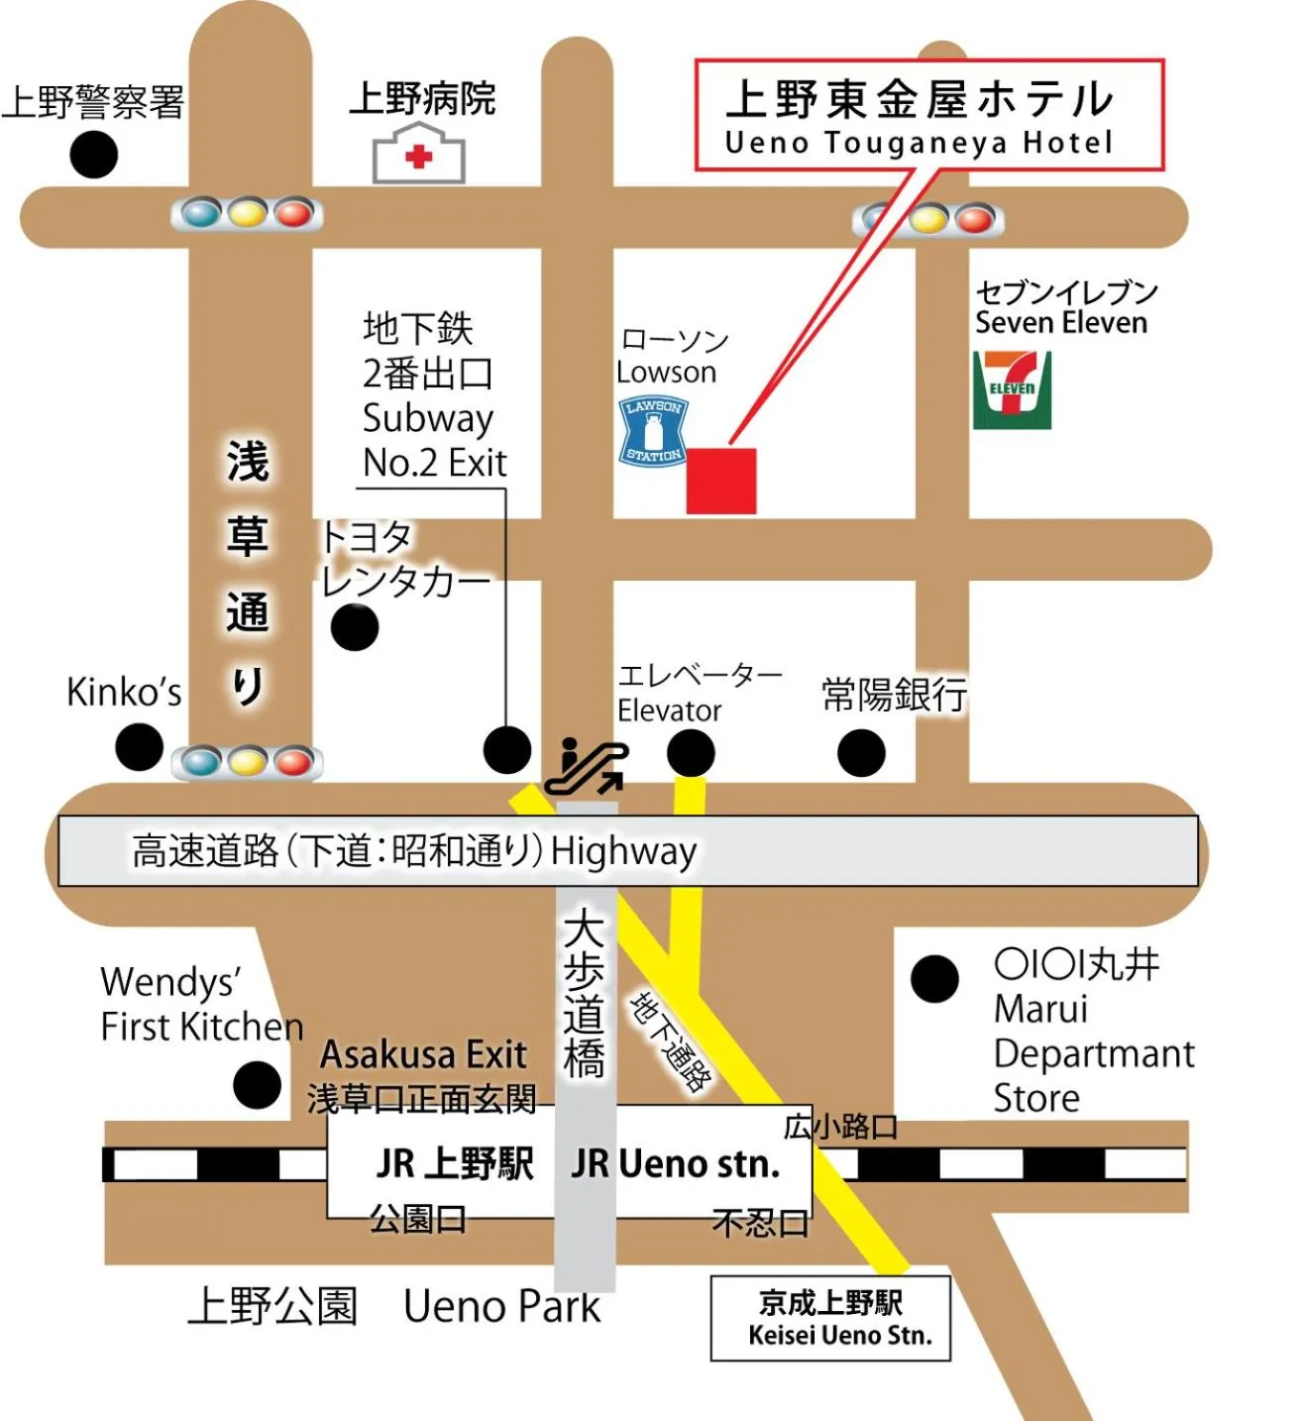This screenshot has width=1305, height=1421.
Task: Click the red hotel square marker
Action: [x=721, y=481]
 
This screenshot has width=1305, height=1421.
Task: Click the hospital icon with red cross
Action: [x=418, y=156]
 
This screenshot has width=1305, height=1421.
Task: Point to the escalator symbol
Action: [x=586, y=766]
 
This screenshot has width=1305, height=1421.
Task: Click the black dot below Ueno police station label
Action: [x=94, y=155]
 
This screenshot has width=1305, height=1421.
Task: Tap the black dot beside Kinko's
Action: [x=139, y=746]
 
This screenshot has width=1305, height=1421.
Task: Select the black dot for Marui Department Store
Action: [x=934, y=979]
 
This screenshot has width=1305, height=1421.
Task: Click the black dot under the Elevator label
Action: [x=691, y=753]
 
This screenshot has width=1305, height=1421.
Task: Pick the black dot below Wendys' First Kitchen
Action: [x=257, y=1085]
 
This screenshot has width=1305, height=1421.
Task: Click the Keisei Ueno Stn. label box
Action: [x=830, y=1318]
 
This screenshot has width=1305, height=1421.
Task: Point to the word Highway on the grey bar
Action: [x=623, y=851]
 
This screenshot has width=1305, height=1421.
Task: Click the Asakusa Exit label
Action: [x=423, y=1054]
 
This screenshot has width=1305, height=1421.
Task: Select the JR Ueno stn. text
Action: [x=676, y=1163]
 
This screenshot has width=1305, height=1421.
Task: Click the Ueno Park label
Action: [x=501, y=1307]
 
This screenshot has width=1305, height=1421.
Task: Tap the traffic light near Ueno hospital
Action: [x=247, y=213]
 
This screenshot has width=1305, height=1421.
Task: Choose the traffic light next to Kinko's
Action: [x=247, y=762]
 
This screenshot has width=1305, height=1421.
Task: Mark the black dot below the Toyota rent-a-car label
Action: [x=354, y=627]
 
